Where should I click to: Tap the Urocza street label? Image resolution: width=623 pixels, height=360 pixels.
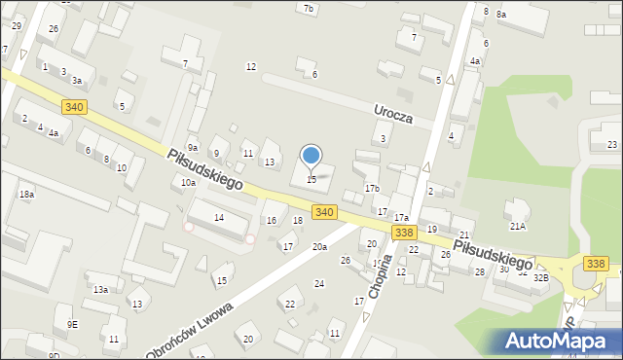(394, 115)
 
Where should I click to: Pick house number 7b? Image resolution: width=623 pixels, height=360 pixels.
(310, 9)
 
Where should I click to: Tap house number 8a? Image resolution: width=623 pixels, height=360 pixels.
(500, 15)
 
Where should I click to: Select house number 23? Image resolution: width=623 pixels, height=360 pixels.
(611, 145)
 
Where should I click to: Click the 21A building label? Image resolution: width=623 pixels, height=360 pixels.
(517, 226)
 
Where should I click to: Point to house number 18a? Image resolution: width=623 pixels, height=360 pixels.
(26, 195)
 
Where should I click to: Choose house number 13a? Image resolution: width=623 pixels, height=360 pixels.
(100, 290)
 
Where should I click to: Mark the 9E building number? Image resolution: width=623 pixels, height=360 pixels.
(72, 324)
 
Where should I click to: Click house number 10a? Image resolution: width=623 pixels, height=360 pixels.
(188, 182)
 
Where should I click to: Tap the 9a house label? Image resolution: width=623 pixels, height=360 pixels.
(193, 148)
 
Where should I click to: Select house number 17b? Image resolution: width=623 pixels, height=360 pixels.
(372, 188)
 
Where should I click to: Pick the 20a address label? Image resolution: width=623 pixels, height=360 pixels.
(319, 247)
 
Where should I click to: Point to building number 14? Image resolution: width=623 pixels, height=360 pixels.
(219, 217)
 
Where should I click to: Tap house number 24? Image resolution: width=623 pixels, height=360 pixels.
(318, 283)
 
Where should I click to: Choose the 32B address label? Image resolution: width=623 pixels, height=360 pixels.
(540, 277)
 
